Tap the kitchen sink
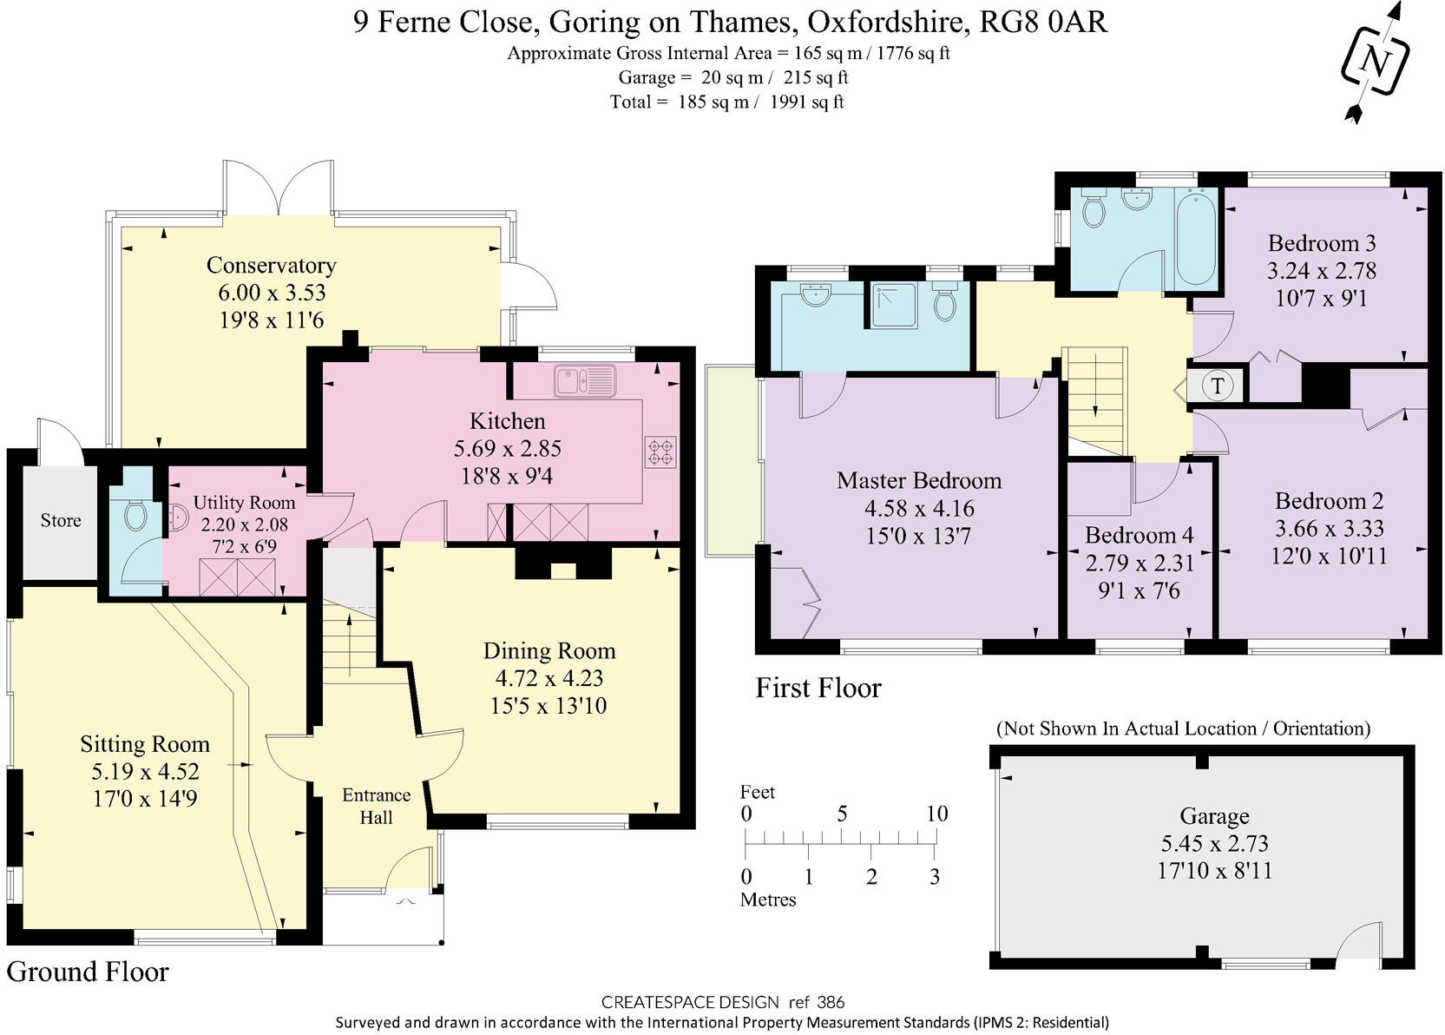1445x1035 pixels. [584, 380]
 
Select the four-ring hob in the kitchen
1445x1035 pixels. [661, 451]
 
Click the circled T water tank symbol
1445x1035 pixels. [1218, 386]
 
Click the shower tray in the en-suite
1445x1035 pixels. [894, 306]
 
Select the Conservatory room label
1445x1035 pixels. [272, 265]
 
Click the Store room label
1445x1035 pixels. [61, 520]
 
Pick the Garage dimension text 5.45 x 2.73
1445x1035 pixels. [1214, 843]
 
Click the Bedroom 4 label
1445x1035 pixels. [1140, 535]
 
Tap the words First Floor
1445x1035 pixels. [818, 688]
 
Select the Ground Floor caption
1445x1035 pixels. [88, 972]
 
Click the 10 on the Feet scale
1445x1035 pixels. [937, 814]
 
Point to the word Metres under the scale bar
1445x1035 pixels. [768, 900]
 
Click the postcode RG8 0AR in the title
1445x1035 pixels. [1043, 22]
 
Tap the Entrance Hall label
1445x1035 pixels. [376, 806]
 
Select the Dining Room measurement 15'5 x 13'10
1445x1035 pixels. [548, 705]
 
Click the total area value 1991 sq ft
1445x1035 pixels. [807, 102]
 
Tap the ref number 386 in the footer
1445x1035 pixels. [831, 1002]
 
